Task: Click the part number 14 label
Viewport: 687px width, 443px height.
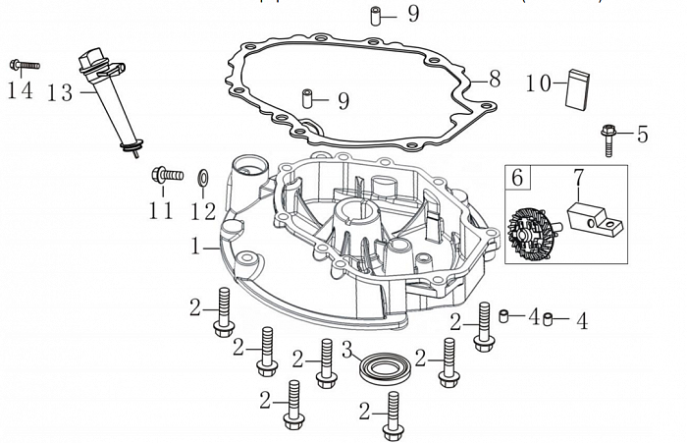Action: (x=20, y=91)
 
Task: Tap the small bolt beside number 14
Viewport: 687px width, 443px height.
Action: (x=24, y=66)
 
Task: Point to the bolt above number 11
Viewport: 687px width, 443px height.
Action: (x=167, y=176)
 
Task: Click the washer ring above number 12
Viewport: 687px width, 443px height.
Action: (x=202, y=178)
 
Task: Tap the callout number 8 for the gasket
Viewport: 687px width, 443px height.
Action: (x=494, y=76)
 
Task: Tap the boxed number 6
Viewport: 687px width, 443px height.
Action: (x=518, y=179)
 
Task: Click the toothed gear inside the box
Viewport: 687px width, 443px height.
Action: (x=534, y=235)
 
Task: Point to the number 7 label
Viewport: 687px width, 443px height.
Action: (x=578, y=180)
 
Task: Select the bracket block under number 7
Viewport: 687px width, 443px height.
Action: (x=596, y=218)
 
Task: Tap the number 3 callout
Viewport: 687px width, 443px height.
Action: (x=346, y=351)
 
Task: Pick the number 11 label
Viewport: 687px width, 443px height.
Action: (x=161, y=210)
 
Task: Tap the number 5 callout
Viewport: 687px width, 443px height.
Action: (x=643, y=135)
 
